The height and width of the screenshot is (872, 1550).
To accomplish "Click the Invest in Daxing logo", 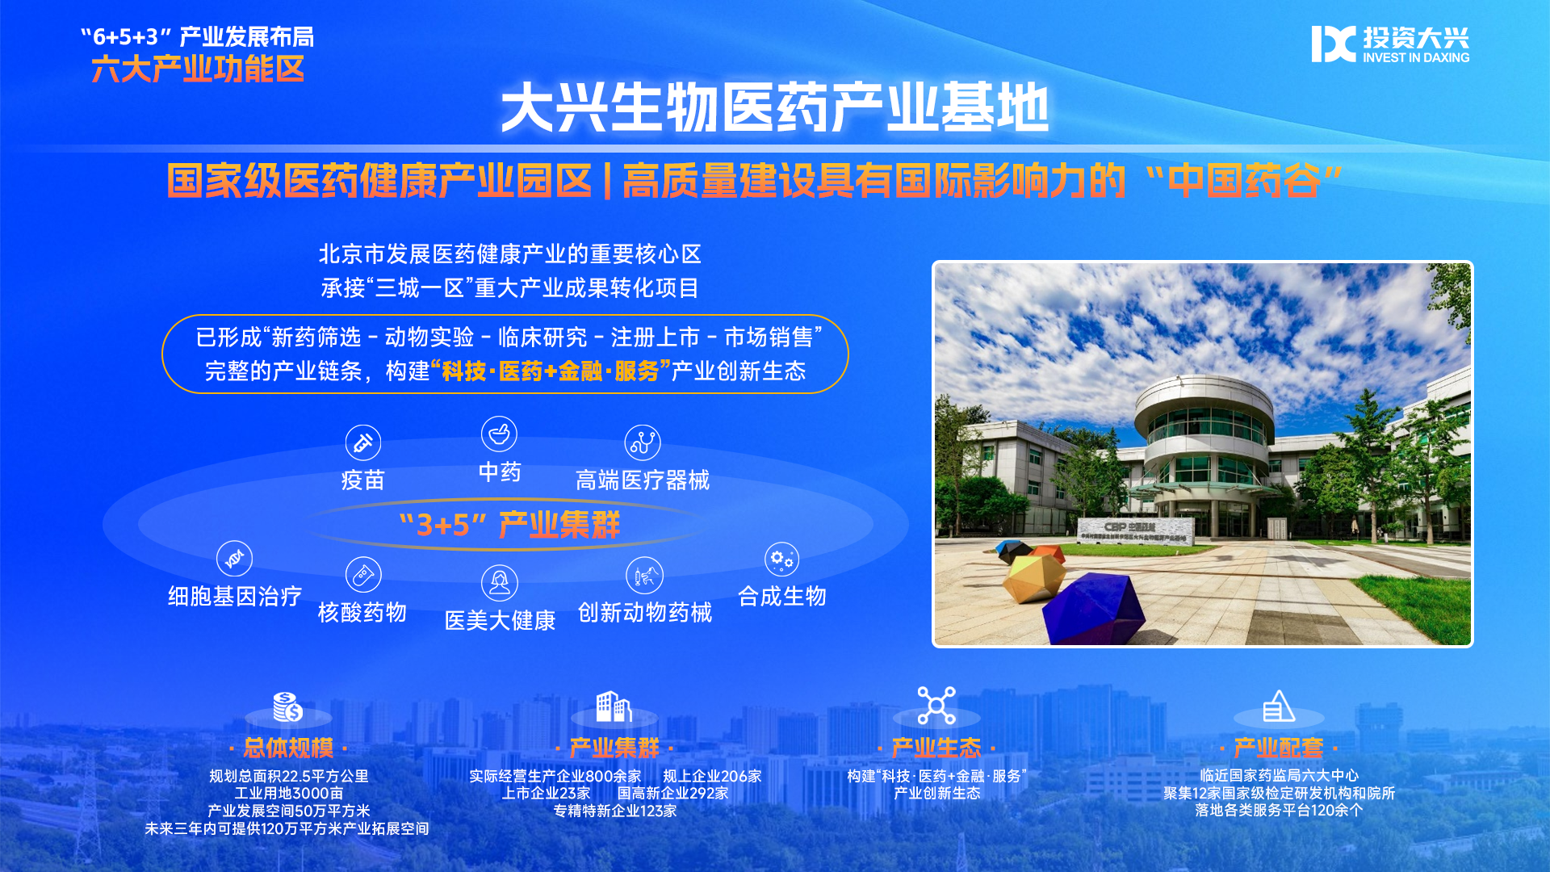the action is (1390, 44).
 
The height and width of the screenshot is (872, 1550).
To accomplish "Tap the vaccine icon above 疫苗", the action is (363, 442).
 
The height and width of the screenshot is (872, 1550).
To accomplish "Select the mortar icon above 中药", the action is (499, 434).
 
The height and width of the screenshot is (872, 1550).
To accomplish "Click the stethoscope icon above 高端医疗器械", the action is (643, 442).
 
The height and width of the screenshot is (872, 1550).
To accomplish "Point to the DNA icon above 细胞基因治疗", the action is (234, 559).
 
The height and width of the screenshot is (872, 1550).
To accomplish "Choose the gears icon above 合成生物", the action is (781, 559).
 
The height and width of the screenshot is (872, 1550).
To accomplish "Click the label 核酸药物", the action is (362, 613).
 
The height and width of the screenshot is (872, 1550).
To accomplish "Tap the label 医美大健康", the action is (500, 621).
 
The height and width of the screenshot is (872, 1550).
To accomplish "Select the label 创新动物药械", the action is (645, 613).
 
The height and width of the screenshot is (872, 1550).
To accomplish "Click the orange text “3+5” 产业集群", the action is (510, 526).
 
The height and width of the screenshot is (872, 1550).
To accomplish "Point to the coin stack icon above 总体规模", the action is (287, 706).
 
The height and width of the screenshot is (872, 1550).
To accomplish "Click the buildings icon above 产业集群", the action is (614, 706).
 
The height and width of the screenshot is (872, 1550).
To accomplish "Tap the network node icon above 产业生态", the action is (936, 706).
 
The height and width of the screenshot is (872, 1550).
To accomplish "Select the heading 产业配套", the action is (1279, 748).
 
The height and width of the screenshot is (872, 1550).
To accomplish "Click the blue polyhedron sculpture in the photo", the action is (1095, 608).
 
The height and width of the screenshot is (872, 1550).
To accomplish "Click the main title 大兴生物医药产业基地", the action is (775, 107).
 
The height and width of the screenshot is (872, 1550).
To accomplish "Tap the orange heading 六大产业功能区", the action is (198, 69).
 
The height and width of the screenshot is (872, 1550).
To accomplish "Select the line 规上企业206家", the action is (712, 777).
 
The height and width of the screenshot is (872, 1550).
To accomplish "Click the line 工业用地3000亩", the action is (289, 794).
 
